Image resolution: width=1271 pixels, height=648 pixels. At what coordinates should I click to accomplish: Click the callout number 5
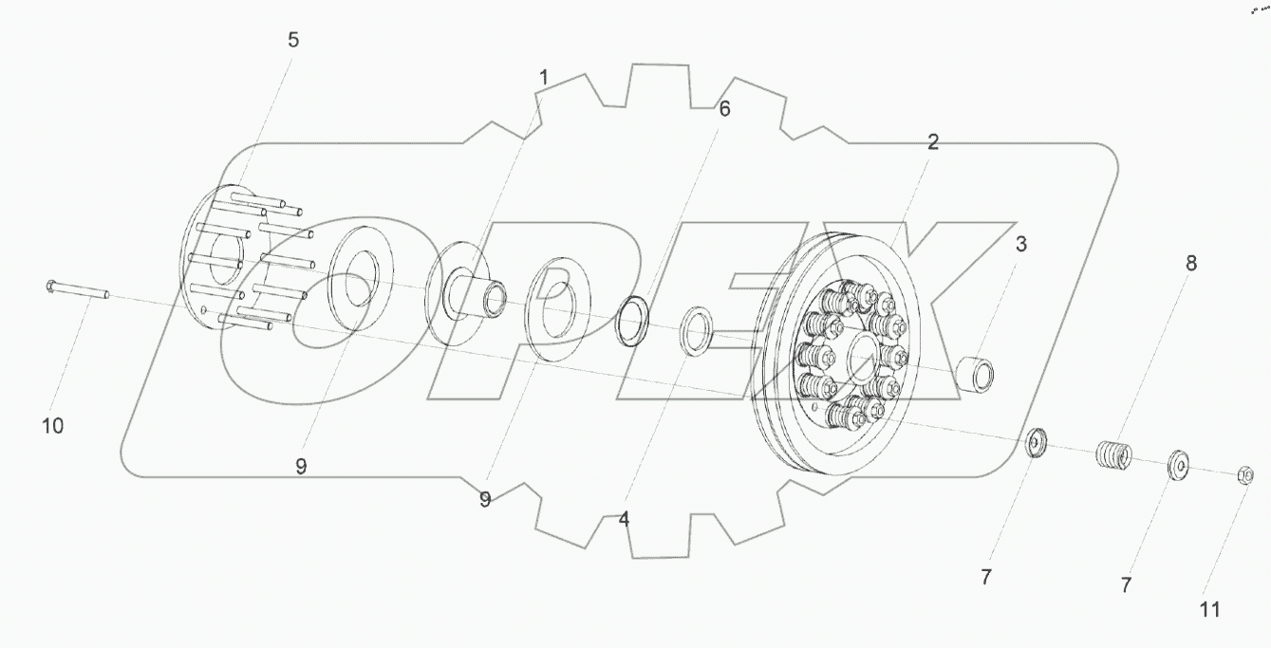click(x=292, y=40)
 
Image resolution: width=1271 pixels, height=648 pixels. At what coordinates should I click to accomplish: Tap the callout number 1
click(x=544, y=78)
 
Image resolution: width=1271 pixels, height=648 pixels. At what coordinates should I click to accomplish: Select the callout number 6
click(x=724, y=109)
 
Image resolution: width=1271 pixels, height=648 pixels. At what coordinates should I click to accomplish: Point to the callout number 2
click(x=933, y=142)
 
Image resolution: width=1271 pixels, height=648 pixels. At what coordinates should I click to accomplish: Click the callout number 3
click(x=1020, y=245)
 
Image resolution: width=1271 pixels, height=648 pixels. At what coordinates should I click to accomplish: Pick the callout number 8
click(x=1191, y=263)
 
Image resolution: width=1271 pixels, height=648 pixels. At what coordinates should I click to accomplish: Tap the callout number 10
click(x=53, y=426)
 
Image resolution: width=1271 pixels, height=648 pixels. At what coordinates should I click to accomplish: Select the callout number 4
click(x=624, y=518)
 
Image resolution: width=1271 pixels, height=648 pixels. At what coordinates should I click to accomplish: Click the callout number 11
click(x=1209, y=610)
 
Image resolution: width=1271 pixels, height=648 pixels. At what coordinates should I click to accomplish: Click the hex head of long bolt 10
click(x=50, y=287)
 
